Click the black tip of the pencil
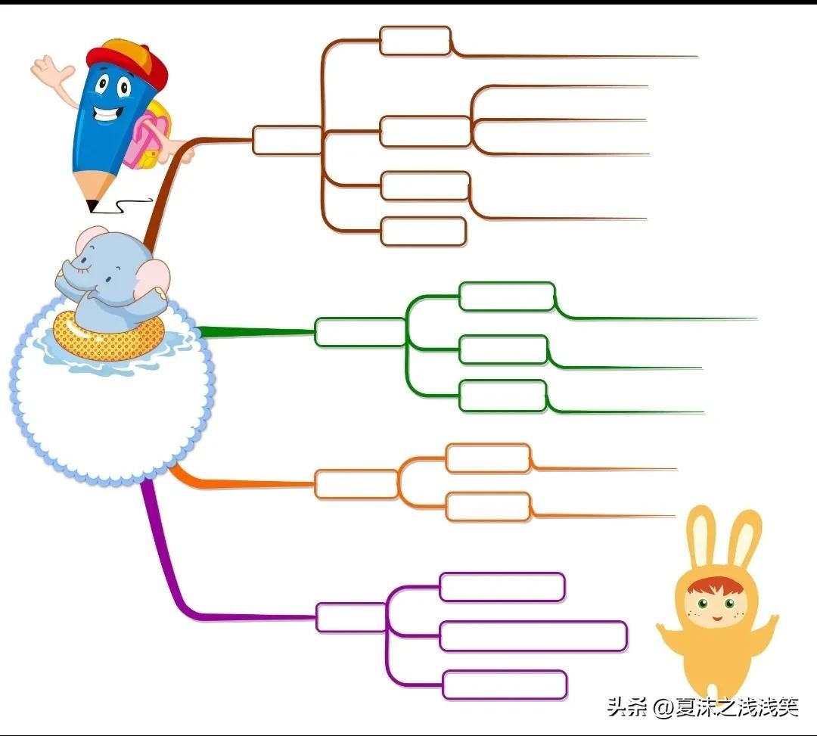92,205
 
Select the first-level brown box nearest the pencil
287,141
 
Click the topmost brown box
415,41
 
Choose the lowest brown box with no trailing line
423,231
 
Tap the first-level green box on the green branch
359,332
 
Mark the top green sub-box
507,296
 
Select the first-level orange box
356,484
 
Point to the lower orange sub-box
488,507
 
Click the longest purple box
533,636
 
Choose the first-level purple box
350,617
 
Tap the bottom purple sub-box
505,685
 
